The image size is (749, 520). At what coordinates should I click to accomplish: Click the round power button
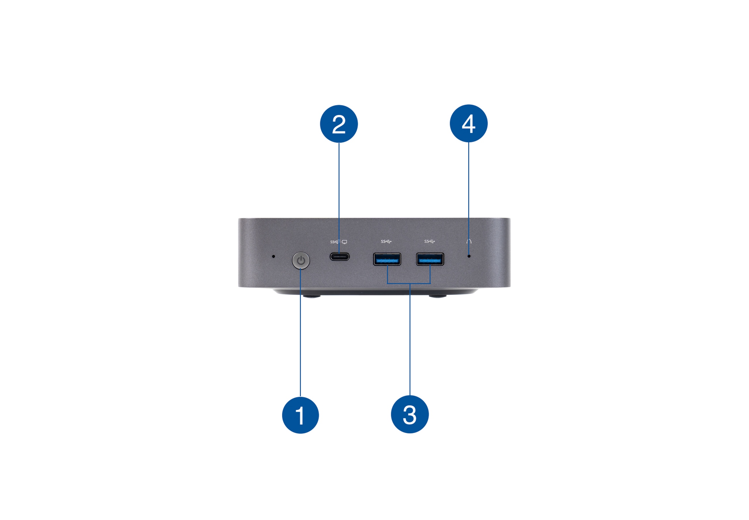point(300,260)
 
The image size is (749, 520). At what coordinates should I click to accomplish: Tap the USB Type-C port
point(339,257)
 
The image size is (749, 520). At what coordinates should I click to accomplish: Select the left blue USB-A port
point(387,259)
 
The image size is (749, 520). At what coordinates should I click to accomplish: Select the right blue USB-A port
point(430,259)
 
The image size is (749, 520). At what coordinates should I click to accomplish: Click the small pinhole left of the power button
point(273,257)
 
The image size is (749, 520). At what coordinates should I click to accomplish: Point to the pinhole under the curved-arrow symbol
point(469,256)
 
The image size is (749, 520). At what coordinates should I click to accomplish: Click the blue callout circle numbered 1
point(300,415)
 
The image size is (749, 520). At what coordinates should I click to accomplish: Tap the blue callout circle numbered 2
point(339,124)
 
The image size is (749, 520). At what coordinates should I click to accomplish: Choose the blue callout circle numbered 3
point(410,414)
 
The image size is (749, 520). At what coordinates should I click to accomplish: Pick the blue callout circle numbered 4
point(468,123)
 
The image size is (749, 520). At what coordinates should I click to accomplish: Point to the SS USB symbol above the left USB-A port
point(386,241)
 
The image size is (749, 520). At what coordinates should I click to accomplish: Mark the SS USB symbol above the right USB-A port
point(429,241)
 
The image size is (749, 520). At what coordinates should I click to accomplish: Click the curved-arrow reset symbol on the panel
point(469,241)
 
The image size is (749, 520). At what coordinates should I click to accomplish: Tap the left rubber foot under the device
point(311,296)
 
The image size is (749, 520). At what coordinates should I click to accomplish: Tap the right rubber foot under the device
point(437,296)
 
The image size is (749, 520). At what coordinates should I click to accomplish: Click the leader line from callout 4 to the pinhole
point(469,198)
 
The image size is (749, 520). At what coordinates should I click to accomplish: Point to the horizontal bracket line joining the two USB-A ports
point(409,283)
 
